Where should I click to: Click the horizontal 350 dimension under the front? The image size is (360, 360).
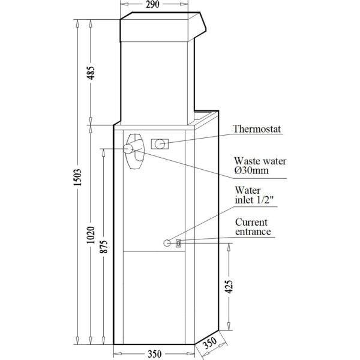click(154, 354)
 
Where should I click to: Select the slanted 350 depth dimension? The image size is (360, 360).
click(209, 344)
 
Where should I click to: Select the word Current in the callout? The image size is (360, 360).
click(251, 221)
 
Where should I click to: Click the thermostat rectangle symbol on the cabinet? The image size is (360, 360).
click(160, 144)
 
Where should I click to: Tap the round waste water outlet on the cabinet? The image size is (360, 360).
click(130, 149)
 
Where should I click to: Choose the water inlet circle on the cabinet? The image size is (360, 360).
click(167, 243)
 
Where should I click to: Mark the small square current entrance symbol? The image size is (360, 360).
click(178, 243)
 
